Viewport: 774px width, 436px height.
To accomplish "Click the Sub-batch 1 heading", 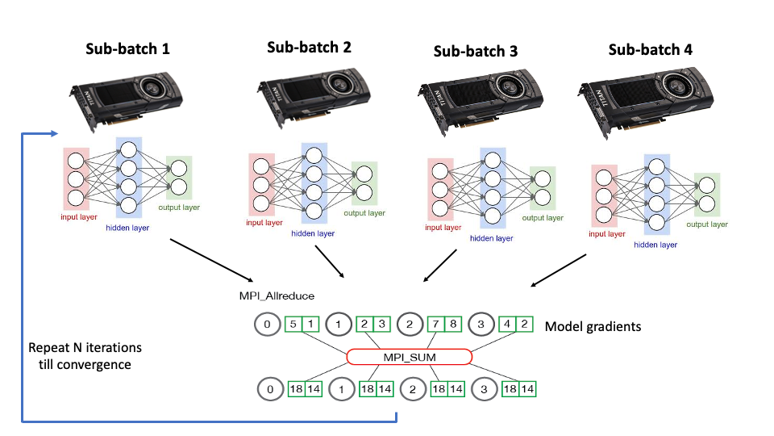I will [x=127, y=48].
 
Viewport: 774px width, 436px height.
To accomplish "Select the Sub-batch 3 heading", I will [x=476, y=52].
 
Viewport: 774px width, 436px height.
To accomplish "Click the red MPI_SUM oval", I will [x=409, y=357].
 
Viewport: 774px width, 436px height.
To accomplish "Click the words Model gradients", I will [x=592, y=327].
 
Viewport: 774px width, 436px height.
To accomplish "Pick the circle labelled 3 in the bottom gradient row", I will [x=485, y=389].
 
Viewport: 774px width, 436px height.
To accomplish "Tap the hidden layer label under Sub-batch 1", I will [x=127, y=228].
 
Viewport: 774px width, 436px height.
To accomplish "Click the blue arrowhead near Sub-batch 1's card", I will [x=54, y=133].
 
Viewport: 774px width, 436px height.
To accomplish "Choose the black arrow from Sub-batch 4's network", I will [x=558, y=270].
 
